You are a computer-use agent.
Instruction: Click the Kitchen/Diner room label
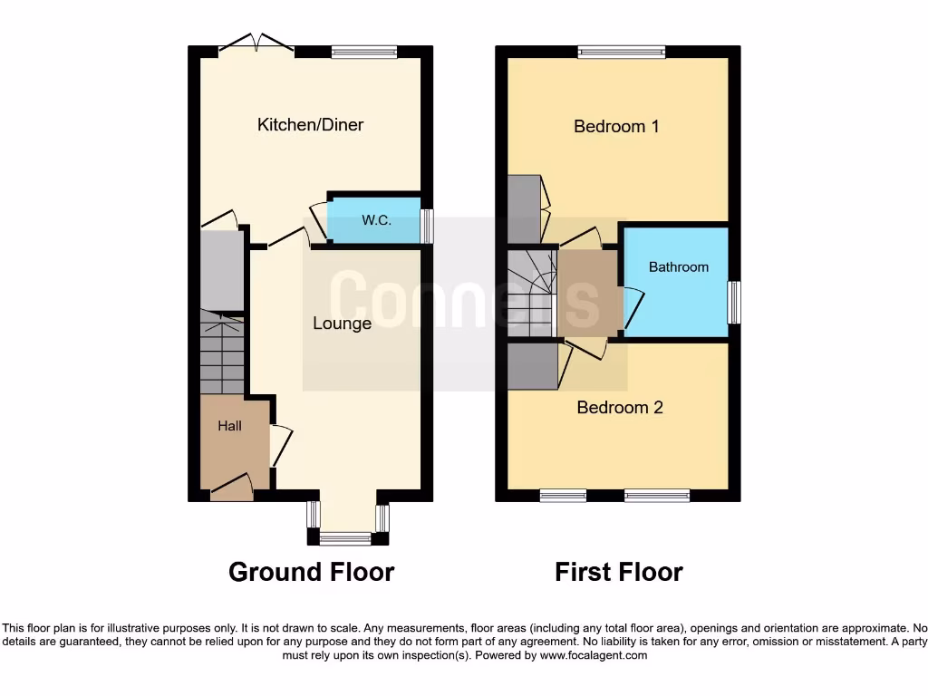[x=310, y=125]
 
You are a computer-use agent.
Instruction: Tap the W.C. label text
[x=376, y=220]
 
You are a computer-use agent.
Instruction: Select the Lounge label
[x=342, y=324]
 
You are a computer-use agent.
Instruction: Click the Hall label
[x=229, y=425]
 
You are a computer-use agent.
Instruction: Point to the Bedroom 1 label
[x=616, y=126]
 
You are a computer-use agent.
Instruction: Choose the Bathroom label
[x=678, y=267]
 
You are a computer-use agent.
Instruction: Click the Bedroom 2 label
[x=620, y=408]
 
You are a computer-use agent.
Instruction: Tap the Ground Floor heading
[x=311, y=572]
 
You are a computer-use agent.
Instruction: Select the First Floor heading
[x=619, y=572]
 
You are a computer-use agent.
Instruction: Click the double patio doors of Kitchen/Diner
[x=257, y=43]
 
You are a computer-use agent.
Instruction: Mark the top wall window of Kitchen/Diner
[x=363, y=53]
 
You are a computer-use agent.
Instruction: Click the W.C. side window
[x=427, y=226]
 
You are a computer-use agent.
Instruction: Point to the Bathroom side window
[x=735, y=303]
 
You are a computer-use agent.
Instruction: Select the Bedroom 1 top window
[x=621, y=53]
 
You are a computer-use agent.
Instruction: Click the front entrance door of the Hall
[x=232, y=490]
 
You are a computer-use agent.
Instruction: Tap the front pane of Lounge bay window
[x=344, y=539]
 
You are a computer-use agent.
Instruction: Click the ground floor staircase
[x=221, y=353]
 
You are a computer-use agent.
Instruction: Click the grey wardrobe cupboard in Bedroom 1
[x=525, y=208]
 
